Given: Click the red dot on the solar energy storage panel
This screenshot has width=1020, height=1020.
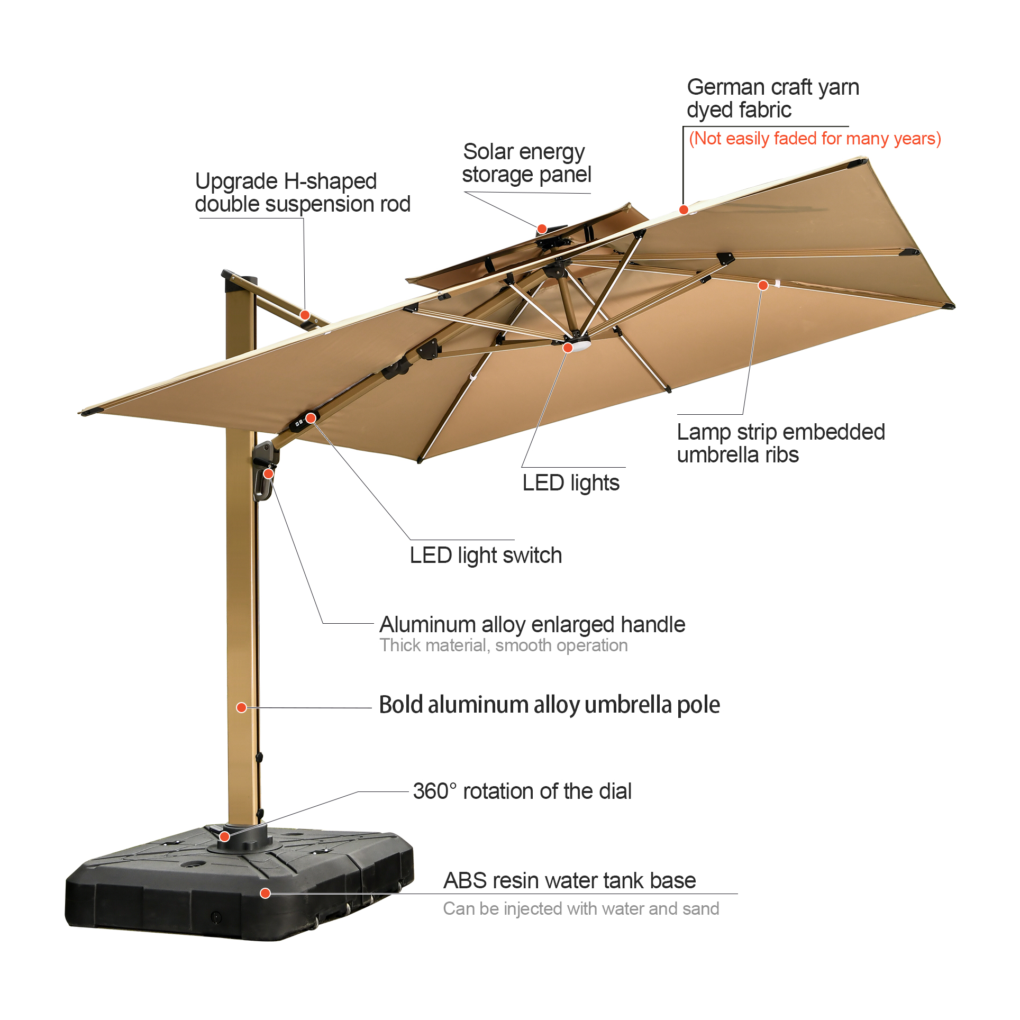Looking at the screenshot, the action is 542,229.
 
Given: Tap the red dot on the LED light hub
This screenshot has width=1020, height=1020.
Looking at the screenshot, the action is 568,348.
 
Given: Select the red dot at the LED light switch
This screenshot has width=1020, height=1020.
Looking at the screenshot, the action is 311,418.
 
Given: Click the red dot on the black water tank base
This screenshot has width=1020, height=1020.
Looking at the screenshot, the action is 266,894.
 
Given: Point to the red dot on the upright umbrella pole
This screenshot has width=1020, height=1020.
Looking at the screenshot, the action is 241,707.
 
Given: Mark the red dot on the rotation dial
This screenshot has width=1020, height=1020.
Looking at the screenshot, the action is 224,836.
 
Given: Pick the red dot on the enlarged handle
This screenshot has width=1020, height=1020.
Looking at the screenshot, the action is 269,473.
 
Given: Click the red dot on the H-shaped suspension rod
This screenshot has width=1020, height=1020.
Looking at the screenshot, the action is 305,315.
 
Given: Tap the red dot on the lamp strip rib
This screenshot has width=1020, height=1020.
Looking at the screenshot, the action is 763,286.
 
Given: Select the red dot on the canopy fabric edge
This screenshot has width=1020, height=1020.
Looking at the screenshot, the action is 684,210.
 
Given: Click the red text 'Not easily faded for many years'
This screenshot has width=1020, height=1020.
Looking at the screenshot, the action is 815,139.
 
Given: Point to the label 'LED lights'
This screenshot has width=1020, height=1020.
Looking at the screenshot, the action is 571,483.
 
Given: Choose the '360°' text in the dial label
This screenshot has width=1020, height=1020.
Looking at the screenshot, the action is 435,791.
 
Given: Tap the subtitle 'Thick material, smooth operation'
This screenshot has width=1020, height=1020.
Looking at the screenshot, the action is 504,645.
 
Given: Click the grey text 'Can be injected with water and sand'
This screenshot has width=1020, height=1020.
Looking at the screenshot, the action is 581,909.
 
